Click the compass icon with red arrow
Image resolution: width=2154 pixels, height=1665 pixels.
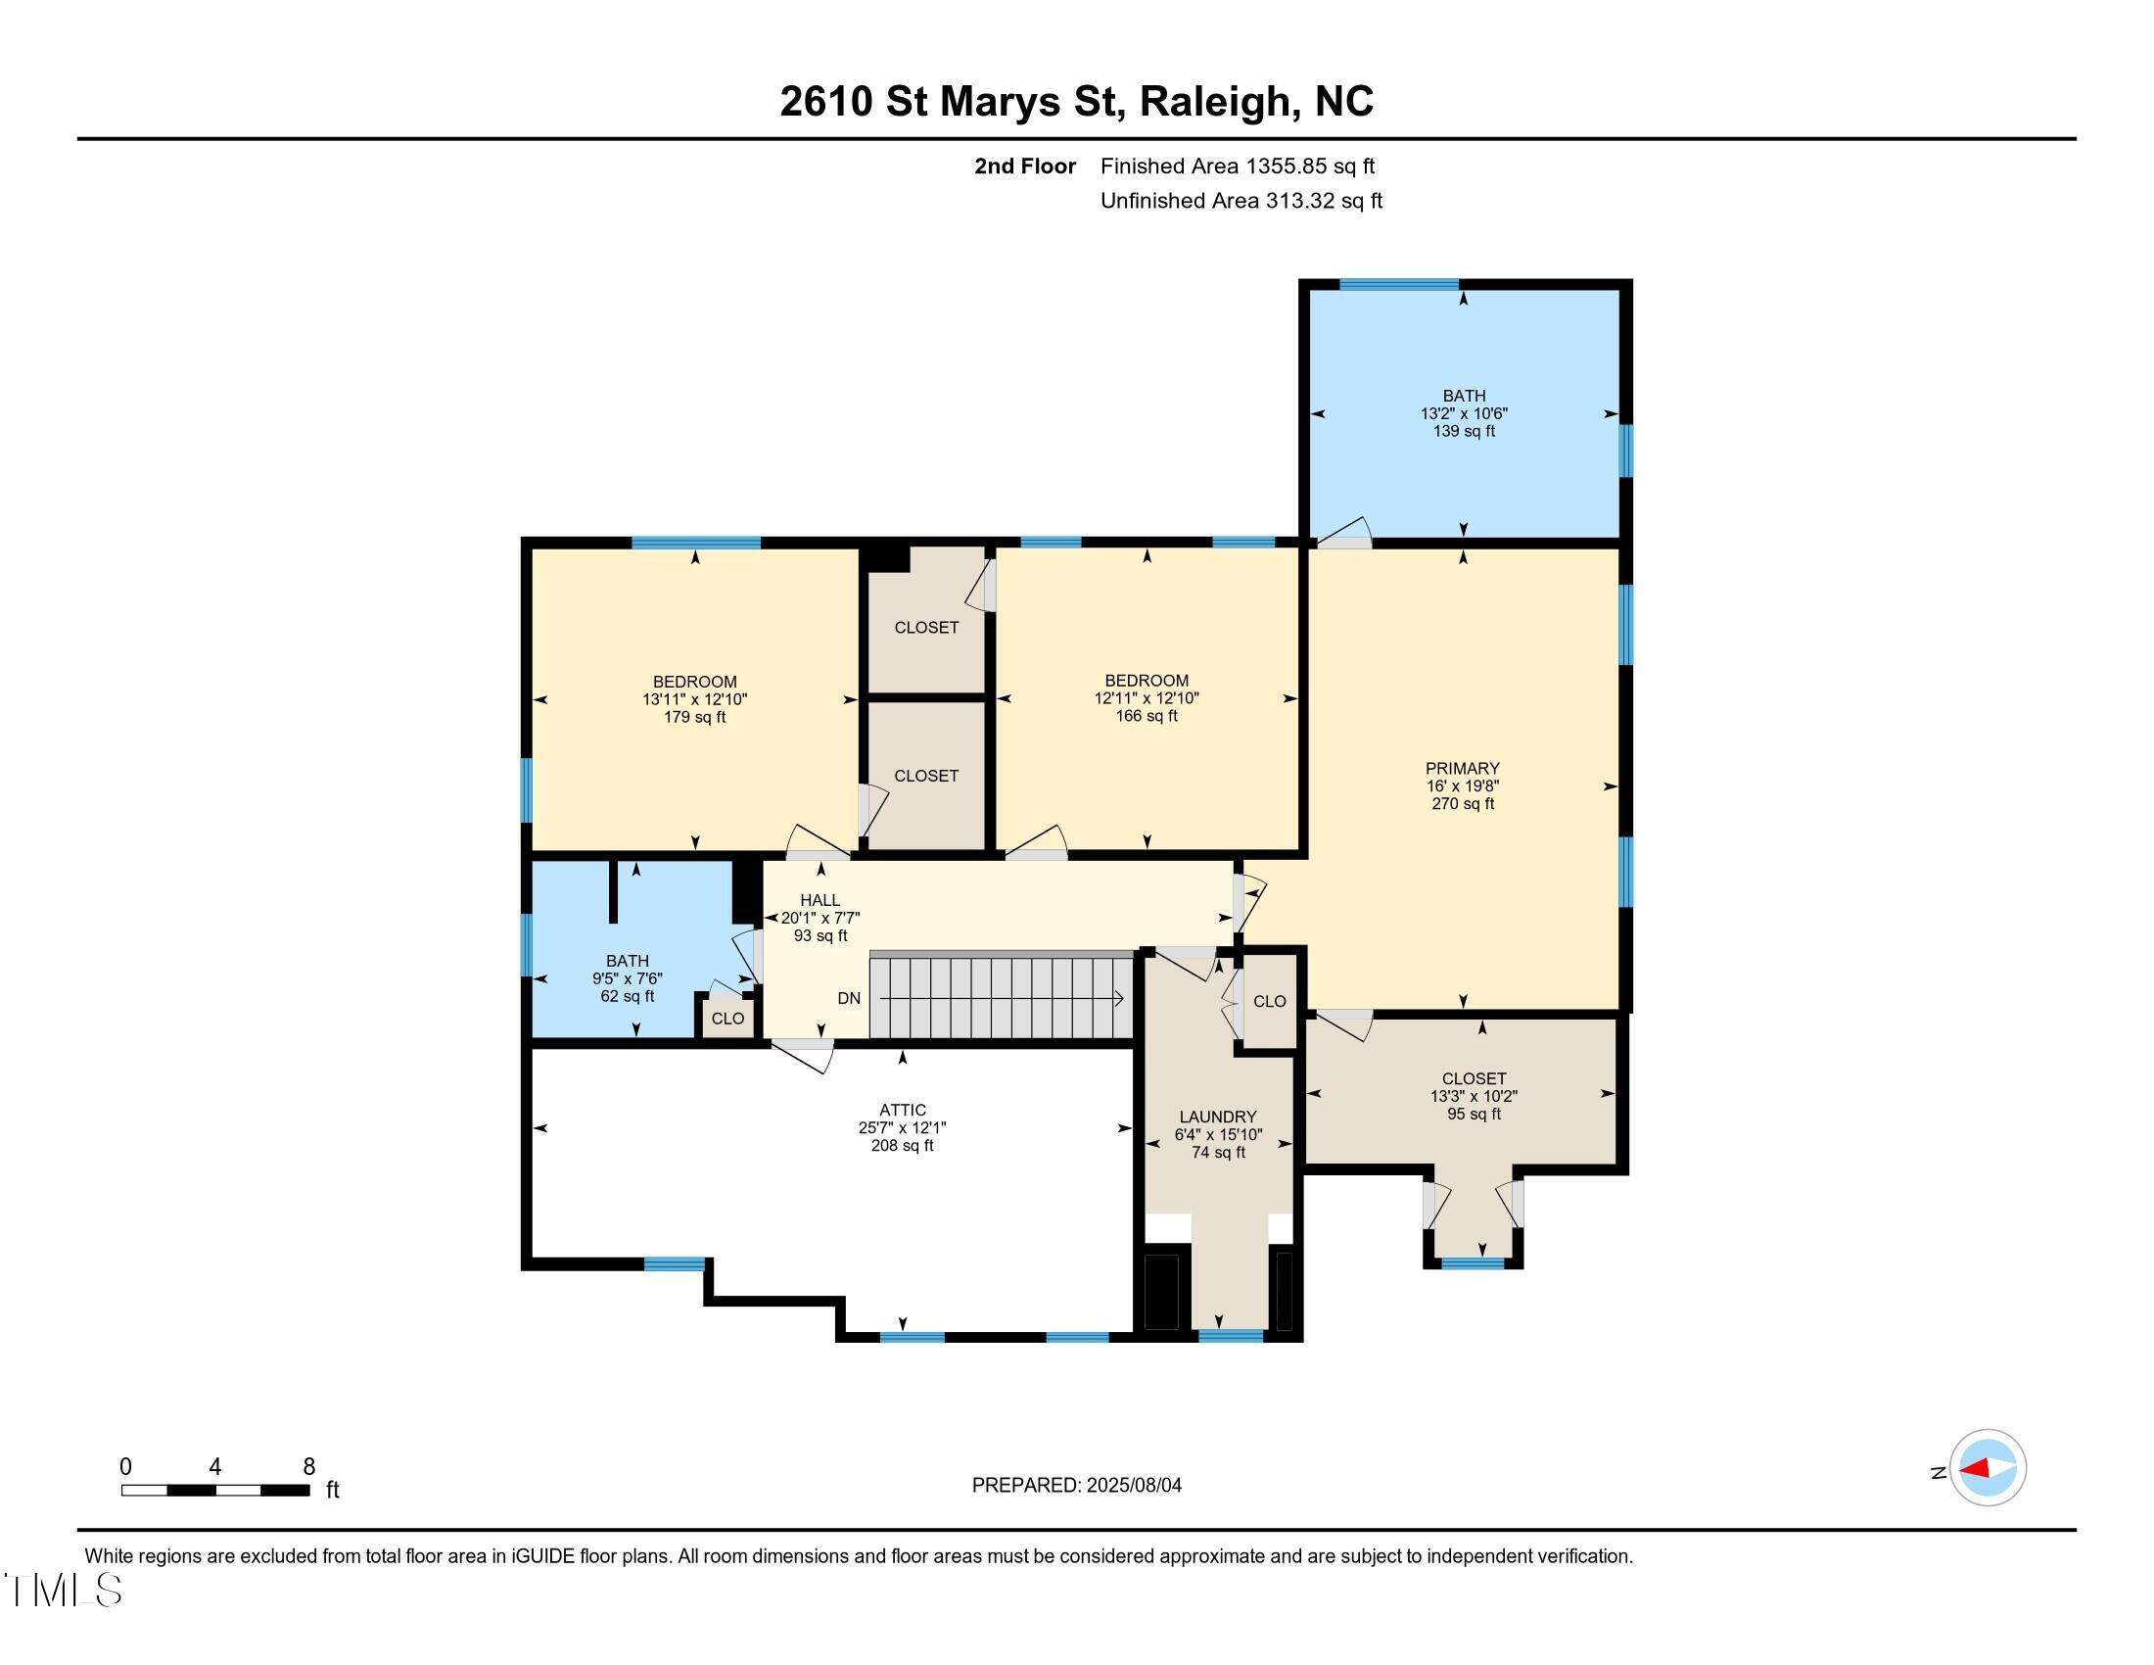coord(1987,1469)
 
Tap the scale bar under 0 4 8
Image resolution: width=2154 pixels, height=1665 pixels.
coord(215,1490)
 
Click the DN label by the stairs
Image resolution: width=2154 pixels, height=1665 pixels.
coord(849,998)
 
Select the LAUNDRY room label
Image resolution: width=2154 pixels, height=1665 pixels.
coord(1218,1117)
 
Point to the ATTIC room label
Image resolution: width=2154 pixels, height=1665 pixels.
coord(903,1110)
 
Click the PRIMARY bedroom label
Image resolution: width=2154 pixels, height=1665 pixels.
coord(1463,769)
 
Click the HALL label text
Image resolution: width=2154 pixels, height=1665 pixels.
coord(819,899)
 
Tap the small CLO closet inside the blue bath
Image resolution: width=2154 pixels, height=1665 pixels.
coord(727,1018)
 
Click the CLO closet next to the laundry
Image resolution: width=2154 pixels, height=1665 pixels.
coord(1269,1001)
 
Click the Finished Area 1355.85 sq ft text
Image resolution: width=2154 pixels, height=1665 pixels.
coord(1237,166)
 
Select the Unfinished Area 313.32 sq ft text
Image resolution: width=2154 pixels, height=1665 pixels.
coord(1241,200)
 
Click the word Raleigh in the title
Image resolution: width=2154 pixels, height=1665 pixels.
coord(1220,102)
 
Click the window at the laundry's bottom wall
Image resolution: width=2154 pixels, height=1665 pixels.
coord(1230,1337)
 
